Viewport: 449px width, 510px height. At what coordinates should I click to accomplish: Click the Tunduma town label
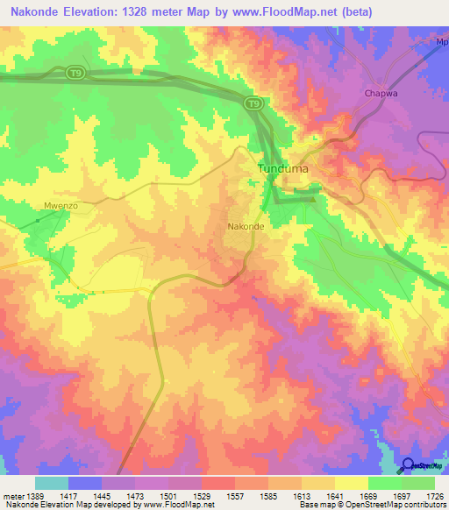point(285,168)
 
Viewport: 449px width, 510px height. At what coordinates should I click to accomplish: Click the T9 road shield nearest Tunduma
point(253,104)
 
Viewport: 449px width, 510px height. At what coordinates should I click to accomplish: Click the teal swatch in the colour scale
point(52,483)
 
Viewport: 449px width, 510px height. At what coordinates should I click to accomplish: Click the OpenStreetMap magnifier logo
point(409,464)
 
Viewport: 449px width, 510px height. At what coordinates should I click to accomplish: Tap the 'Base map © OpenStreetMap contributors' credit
point(371,505)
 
